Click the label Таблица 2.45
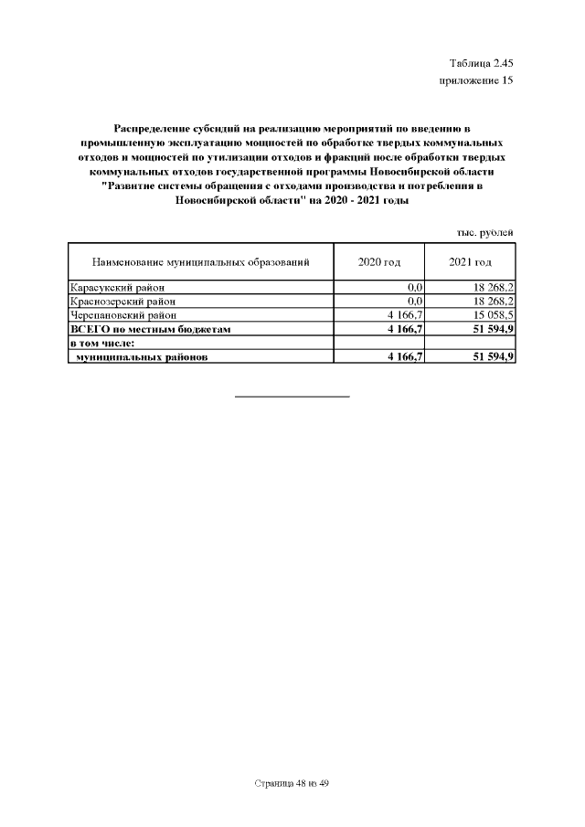point(482,63)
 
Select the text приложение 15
point(476,80)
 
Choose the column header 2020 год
point(379,262)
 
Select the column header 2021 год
point(471,262)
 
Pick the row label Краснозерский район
point(122,301)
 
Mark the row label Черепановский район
point(122,314)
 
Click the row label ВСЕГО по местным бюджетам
point(146,328)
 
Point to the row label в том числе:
point(102,343)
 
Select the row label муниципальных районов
point(142,357)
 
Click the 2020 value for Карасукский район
point(414,288)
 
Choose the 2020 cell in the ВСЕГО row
point(404,328)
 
